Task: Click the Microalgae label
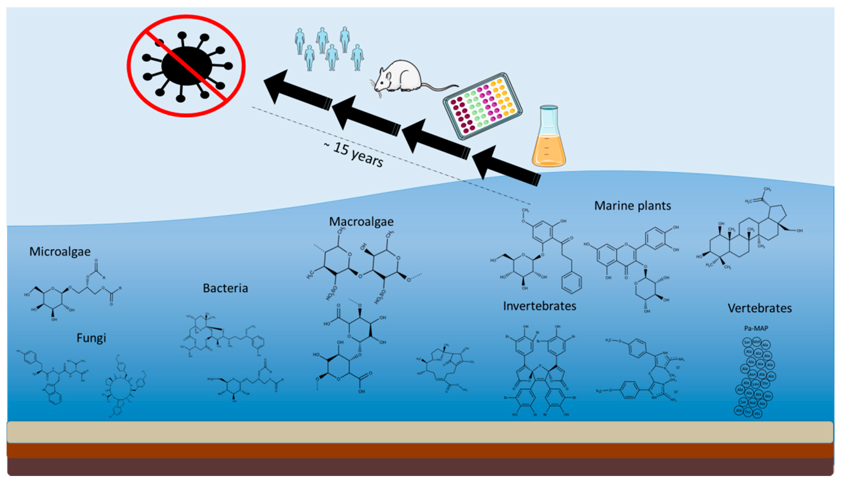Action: point(60,252)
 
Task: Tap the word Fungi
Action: point(91,338)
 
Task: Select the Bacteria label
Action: point(225,288)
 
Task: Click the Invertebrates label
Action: point(539,306)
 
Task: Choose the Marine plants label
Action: point(632,206)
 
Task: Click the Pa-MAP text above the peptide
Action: point(756,328)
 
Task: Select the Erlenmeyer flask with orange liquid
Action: point(548,139)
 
